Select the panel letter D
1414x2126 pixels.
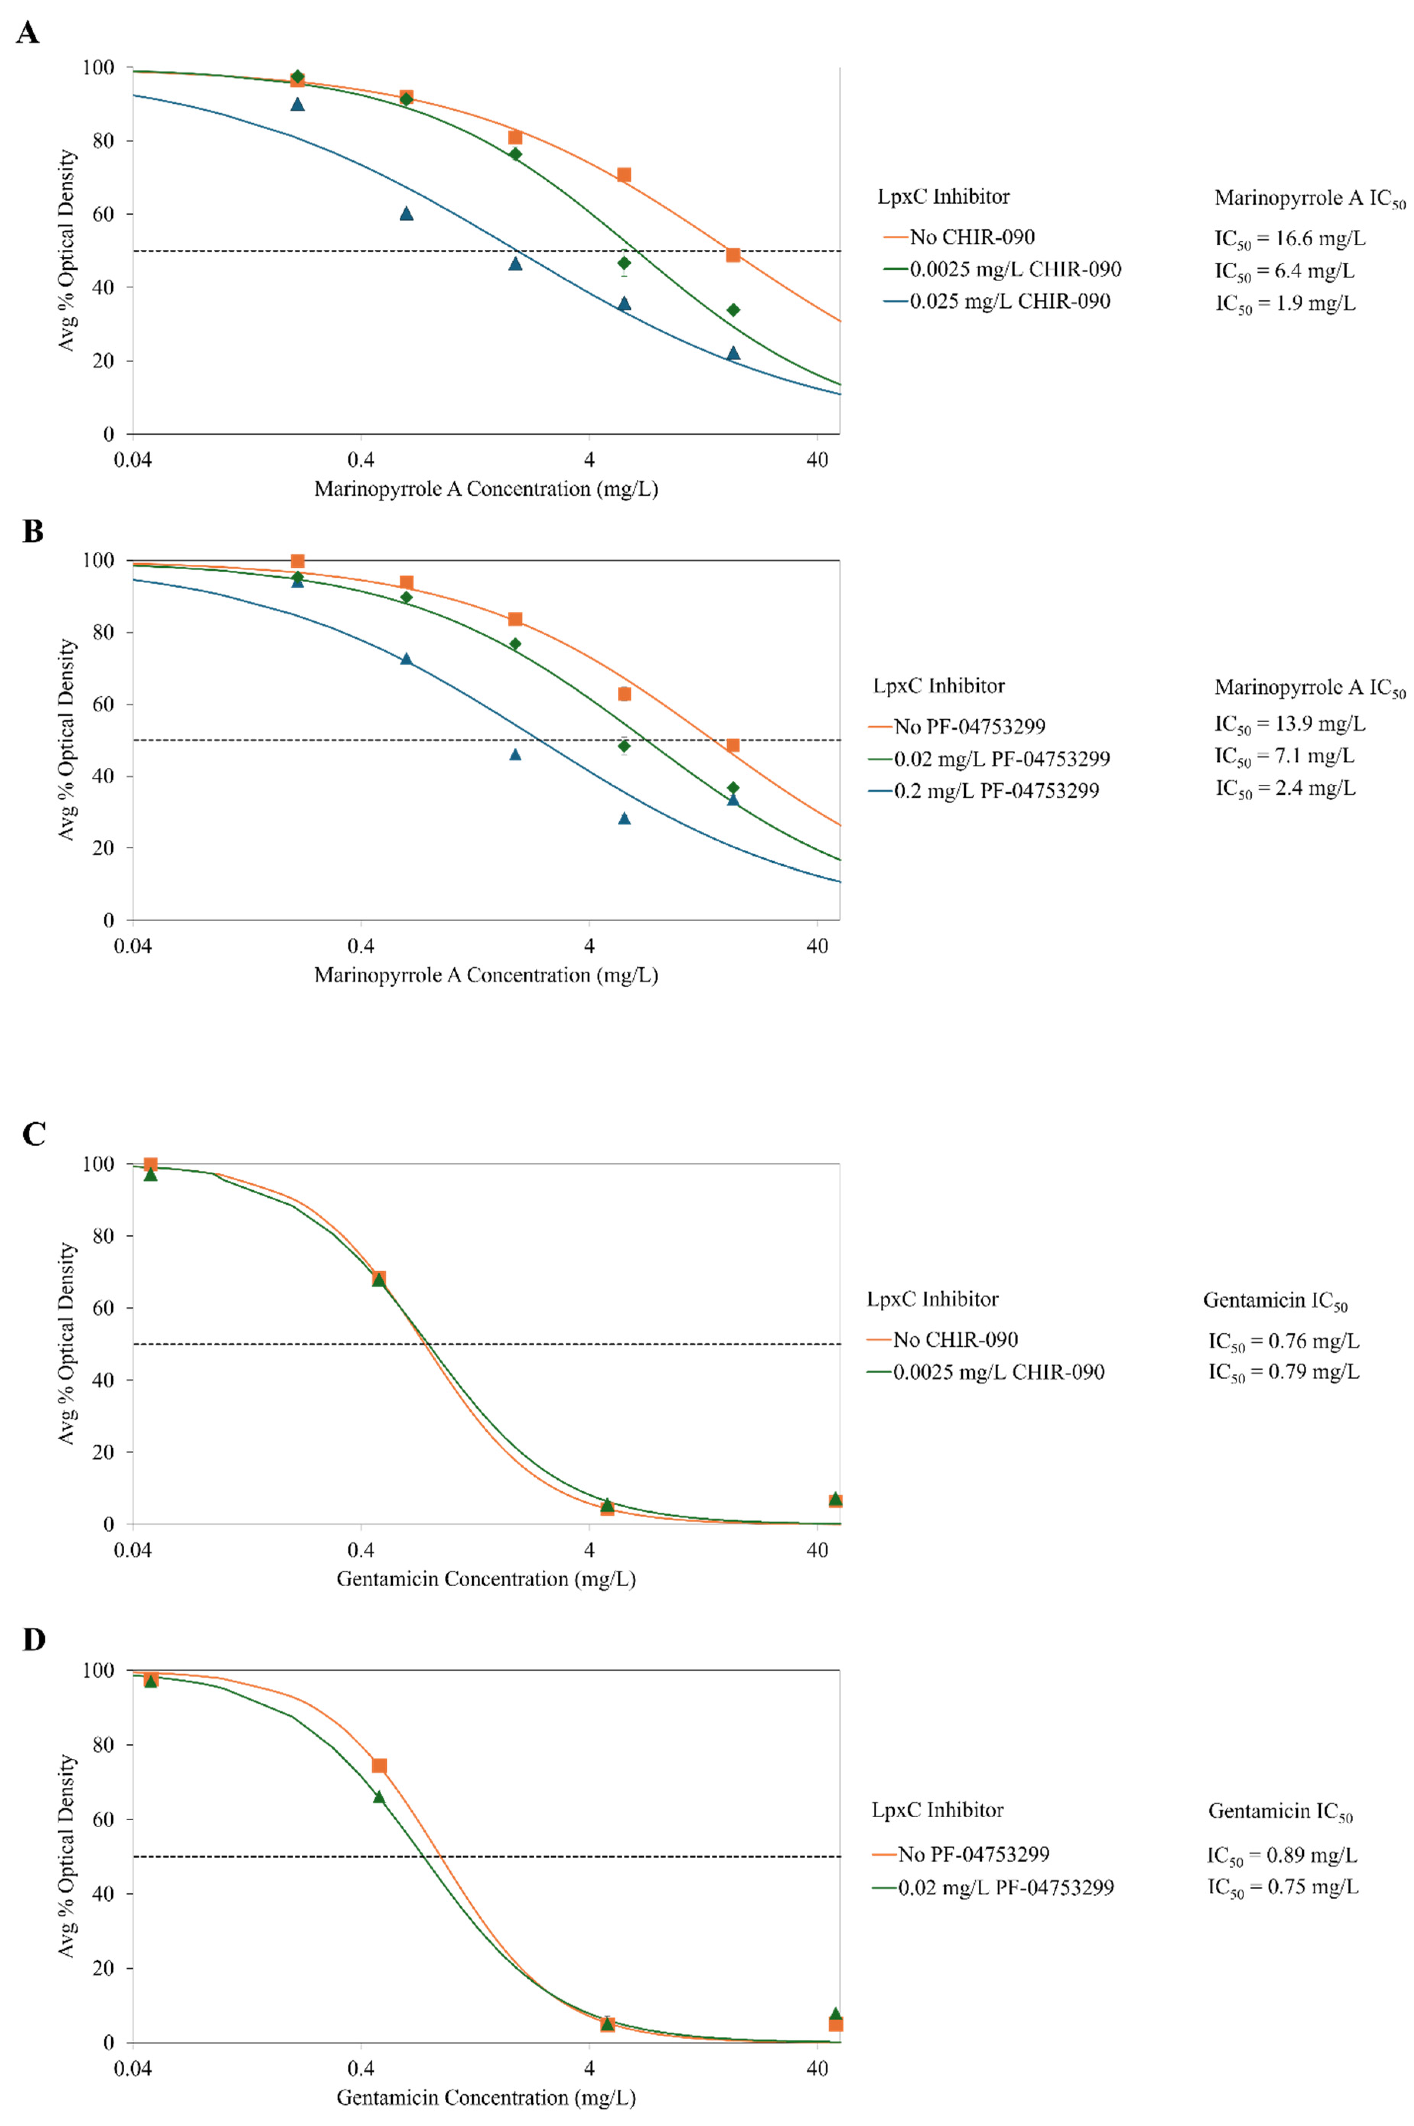33,1639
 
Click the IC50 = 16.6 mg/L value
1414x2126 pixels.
1290,239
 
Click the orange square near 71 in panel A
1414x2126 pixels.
623,175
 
